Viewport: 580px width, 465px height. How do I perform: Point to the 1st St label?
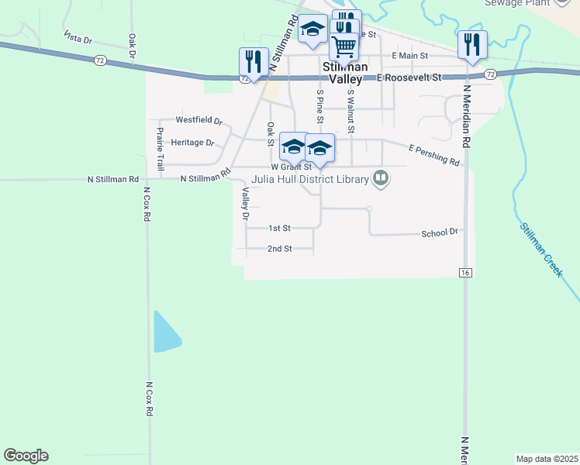coord(279,229)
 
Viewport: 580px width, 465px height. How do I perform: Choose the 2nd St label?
coord(279,249)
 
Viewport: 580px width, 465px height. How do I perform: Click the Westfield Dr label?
coord(199,121)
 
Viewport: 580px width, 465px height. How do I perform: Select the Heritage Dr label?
coord(192,143)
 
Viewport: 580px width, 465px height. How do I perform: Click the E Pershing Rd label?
coord(433,153)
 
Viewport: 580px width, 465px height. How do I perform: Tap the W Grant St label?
coord(291,167)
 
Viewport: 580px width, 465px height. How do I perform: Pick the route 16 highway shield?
coord(465,273)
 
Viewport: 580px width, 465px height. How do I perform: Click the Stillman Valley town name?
coord(345,73)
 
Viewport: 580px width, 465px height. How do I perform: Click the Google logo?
coord(26,456)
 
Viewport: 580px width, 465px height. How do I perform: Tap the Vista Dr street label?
coord(78,37)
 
